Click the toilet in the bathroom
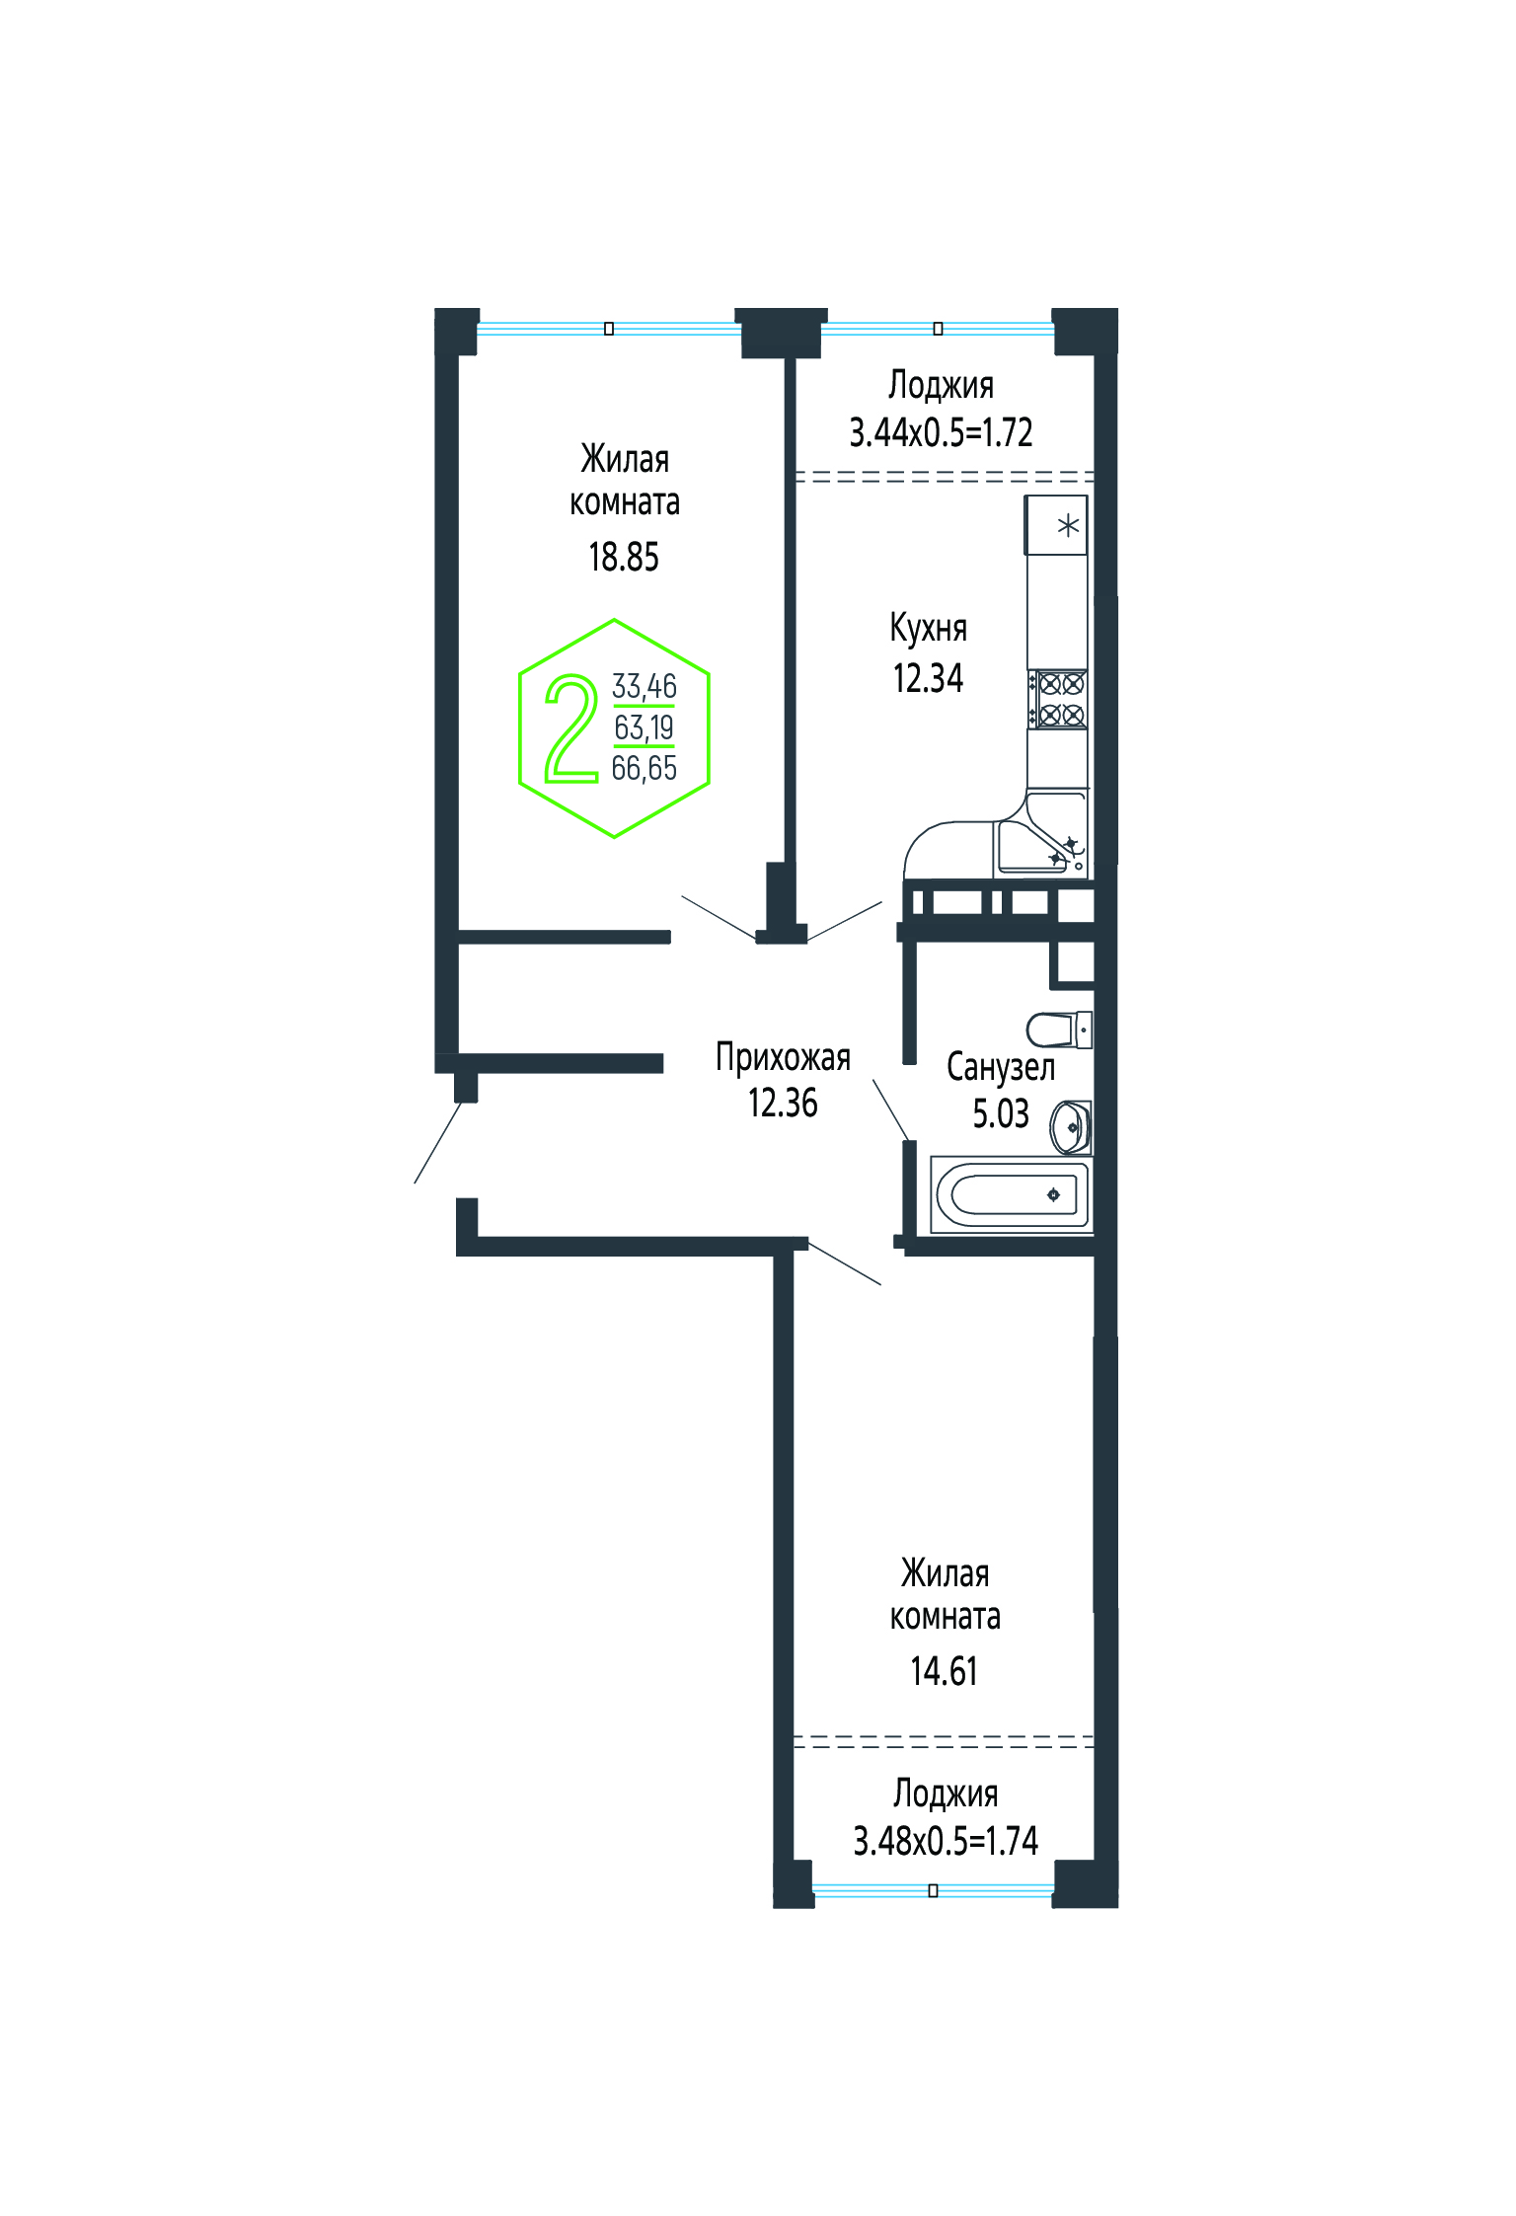tap(1059, 1030)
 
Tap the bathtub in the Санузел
tap(1012, 1194)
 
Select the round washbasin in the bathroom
tap(1071, 1127)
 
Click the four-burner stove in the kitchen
tap(1058, 699)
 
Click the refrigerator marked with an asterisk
tap(1056, 525)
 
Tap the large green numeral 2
tap(571, 728)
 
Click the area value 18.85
tap(624, 558)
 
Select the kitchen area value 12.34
tap(928, 679)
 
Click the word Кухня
tap(928, 629)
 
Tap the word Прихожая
tap(783, 1058)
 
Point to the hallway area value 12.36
tap(783, 1104)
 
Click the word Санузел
tap(1001, 1067)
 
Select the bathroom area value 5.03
tap(1001, 1113)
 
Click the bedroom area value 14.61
tap(945, 1671)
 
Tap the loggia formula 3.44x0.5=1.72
tap(942, 432)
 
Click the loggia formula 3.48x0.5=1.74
tap(946, 1841)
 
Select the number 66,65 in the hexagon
tap(644, 768)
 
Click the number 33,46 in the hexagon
tap(644, 686)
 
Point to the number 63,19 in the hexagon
tap(644, 727)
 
